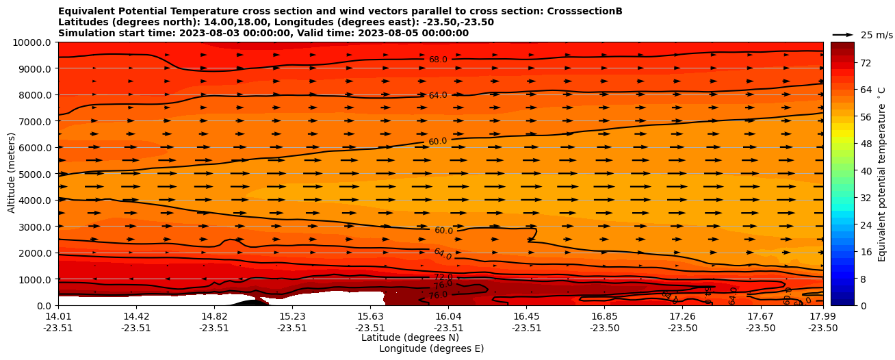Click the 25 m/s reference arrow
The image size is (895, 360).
[842, 35]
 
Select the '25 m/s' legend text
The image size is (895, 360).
[877, 35]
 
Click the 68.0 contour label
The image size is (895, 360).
[438, 60]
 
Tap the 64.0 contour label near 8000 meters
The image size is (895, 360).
[438, 95]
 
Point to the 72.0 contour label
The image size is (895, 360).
[443, 277]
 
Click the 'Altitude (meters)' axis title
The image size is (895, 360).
[12, 174]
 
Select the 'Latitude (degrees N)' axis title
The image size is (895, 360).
[410, 337]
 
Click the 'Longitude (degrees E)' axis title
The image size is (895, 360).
[431, 348]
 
